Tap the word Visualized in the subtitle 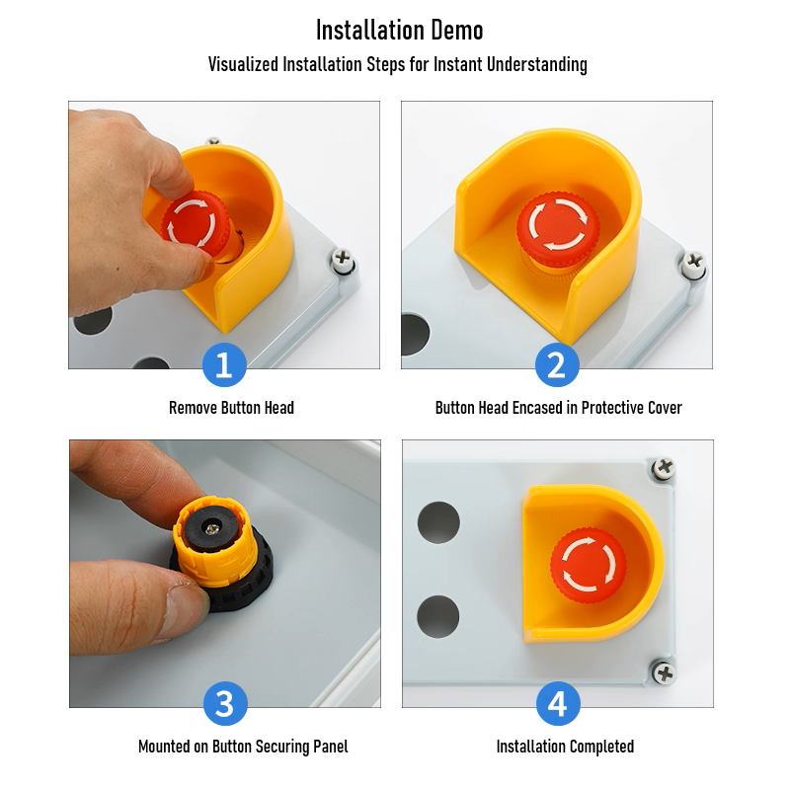[243, 64]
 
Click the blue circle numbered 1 [224, 364]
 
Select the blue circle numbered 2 [557, 364]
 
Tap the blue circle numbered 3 [225, 703]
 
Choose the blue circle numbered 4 [558, 703]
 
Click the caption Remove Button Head [231, 408]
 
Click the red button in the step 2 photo [558, 229]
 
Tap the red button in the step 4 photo [588, 565]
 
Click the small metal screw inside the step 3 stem [212, 528]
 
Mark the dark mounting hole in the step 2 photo [415, 334]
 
